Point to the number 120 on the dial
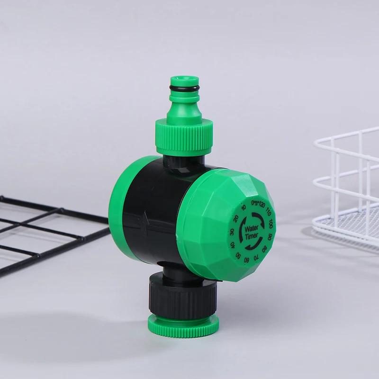coord(261,205)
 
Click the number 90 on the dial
coord(271,235)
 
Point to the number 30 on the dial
coord(232,232)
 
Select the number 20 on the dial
coord(236,218)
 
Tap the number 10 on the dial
coord(244,208)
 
